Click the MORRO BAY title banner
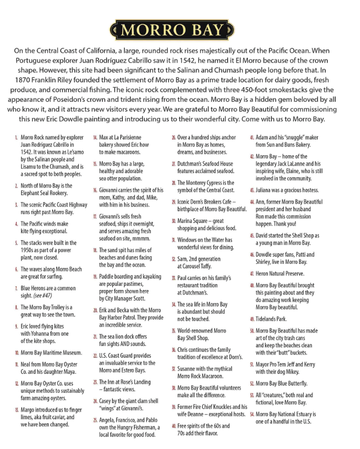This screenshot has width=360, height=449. (x=174, y=29)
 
